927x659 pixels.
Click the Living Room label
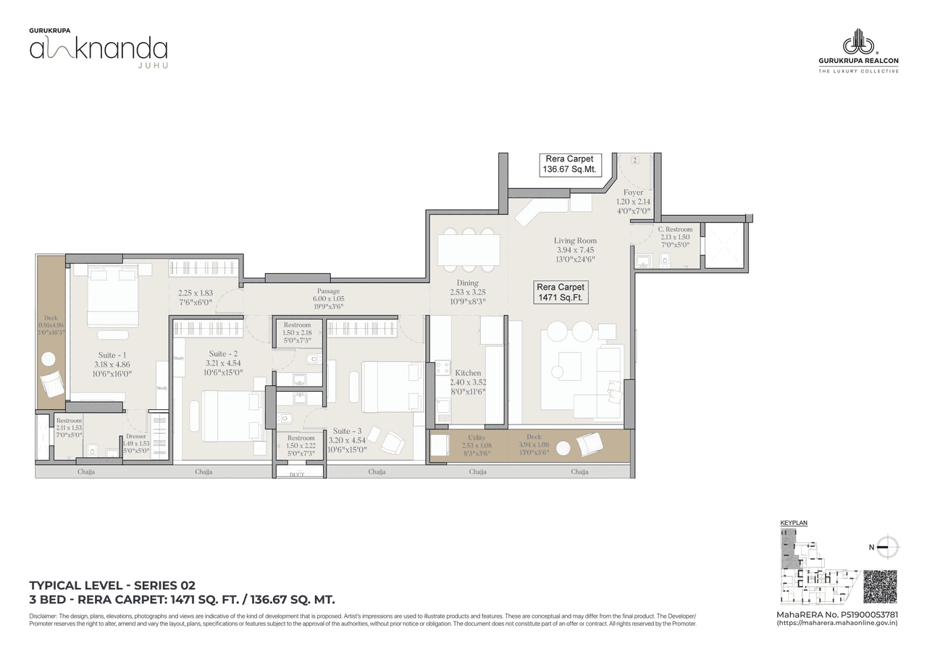[x=576, y=240]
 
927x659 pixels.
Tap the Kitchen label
[x=468, y=373]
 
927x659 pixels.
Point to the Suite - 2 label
[x=222, y=353]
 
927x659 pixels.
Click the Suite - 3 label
[x=348, y=430]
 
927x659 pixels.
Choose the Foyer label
[x=633, y=193]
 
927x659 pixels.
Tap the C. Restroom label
[x=675, y=230]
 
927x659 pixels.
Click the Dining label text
[x=467, y=283]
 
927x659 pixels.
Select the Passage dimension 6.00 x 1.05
[x=328, y=298]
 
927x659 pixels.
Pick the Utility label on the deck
[x=476, y=438]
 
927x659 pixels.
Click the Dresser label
[x=136, y=436]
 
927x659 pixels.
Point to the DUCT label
[x=297, y=475]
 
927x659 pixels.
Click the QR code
[x=880, y=587]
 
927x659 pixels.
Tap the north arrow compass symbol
[x=887, y=547]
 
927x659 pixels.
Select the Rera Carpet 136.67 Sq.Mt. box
[x=569, y=164]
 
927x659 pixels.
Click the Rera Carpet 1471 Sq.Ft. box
[x=561, y=293]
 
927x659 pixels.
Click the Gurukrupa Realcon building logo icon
[x=858, y=41]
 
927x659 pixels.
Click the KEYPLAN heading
[x=794, y=522]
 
